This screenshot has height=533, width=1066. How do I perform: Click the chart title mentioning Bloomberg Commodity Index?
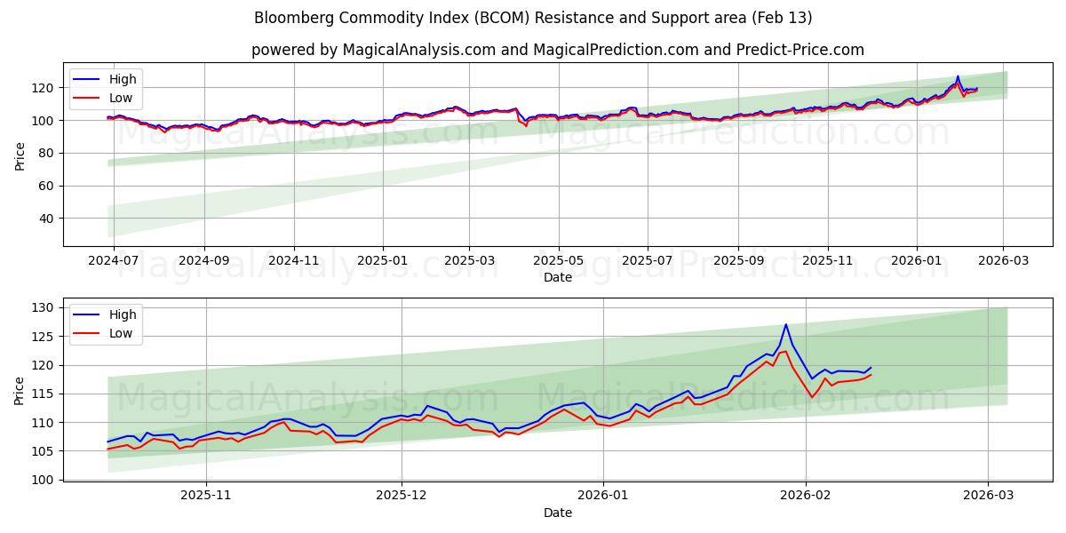[533, 18]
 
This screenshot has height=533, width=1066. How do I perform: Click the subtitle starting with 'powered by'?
[557, 50]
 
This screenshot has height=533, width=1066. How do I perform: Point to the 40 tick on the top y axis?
[46, 219]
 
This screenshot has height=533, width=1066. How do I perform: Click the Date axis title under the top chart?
[557, 278]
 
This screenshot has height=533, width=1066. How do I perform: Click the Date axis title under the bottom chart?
[557, 513]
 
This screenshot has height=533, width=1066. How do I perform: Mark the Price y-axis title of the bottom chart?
[20, 391]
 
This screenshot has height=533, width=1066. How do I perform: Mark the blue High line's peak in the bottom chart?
[786, 324]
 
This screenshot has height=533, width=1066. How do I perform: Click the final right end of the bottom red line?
[871, 375]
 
